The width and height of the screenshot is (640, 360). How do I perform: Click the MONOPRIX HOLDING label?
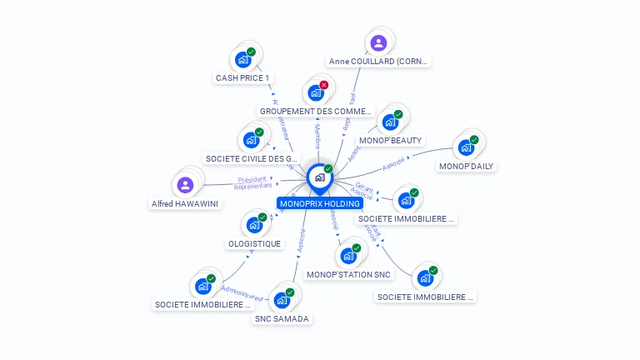coord(320,203)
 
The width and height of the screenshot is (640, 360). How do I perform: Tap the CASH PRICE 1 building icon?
coord(242,59)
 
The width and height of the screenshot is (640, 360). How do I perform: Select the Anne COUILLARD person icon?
coord(378,42)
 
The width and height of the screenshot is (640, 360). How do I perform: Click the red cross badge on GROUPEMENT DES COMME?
coord(324,85)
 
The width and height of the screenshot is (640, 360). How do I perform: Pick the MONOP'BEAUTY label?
coord(390,140)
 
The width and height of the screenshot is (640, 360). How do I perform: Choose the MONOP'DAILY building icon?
coord(466,147)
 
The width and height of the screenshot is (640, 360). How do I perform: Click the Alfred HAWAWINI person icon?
coord(186,184)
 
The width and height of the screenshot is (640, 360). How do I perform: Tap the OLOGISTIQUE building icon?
coord(254,225)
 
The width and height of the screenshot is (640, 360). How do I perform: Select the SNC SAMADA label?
coord(281,318)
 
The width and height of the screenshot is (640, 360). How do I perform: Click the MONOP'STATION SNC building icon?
coord(348,256)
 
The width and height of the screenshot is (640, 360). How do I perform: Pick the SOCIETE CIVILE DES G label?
coord(252,158)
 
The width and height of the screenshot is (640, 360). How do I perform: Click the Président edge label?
coord(252,179)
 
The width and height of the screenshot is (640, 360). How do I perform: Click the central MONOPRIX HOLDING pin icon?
coord(319,177)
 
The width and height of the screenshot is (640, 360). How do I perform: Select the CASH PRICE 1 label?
coord(243,78)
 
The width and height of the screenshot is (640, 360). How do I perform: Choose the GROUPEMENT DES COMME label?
coord(315,111)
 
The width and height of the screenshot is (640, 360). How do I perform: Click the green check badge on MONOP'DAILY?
coord(474,140)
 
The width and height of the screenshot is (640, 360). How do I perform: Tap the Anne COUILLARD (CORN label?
coord(379,62)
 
